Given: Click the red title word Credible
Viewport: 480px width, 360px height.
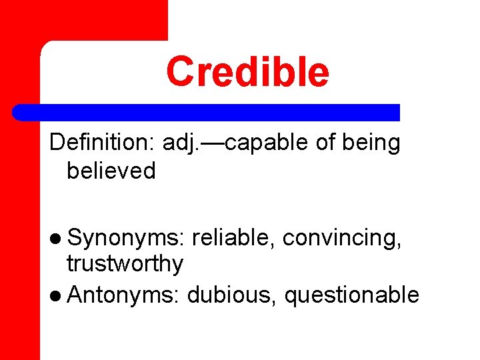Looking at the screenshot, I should [x=247, y=72].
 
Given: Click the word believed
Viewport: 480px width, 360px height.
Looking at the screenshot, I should [x=111, y=171].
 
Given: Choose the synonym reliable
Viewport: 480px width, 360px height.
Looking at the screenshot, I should [x=233, y=237].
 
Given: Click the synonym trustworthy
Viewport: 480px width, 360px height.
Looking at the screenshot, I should [x=125, y=265].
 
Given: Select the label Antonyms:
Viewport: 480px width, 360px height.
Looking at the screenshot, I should [x=123, y=294].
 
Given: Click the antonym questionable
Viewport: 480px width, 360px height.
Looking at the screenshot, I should [x=351, y=295].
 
